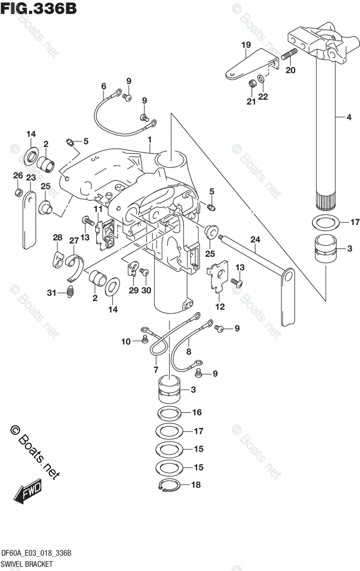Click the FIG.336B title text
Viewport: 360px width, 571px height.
click(x=39, y=8)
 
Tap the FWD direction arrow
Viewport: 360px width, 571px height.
click(x=28, y=490)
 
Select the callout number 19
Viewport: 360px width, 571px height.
click(x=246, y=45)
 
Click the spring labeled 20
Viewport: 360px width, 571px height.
click(x=289, y=55)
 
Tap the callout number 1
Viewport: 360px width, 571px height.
click(x=150, y=140)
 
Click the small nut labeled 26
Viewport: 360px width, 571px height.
click(x=18, y=192)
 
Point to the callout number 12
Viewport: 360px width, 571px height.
click(x=220, y=307)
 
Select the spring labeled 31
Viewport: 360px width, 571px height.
click(x=70, y=293)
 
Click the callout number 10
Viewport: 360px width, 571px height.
click(x=125, y=341)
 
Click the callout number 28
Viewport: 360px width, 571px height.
click(x=58, y=237)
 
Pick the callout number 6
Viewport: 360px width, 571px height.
click(x=103, y=86)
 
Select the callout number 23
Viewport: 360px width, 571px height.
click(x=31, y=177)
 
